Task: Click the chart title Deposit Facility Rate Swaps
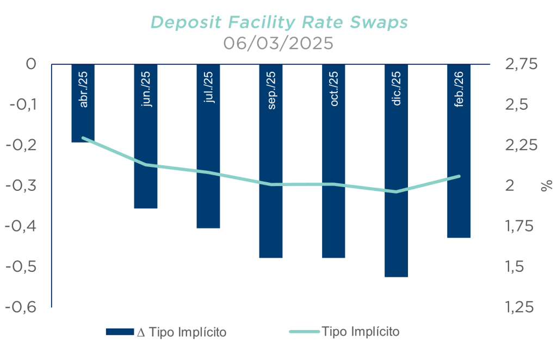click(279, 22)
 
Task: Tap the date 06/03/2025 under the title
click(278, 44)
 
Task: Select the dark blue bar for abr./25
click(83, 103)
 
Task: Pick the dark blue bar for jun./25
click(146, 136)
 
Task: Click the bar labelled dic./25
click(396, 170)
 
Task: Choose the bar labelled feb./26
click(459, 151)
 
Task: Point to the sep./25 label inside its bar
click(271, 90)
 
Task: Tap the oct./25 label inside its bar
click(334, 89)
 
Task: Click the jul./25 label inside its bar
click(209, 87)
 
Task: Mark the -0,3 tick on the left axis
click(21, 185)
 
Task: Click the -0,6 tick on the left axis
click(21, 307)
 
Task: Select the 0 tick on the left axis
click(31, 64)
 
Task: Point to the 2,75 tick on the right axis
click(521, 64)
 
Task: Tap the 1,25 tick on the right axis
click(519, 307)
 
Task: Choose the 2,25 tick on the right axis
click(521, 145)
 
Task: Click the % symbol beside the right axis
click(547, 185)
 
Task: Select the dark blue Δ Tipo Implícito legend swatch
click(120, 332)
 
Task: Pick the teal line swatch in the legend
click(305, 332)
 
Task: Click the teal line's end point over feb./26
click(459, 176)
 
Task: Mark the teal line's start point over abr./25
click(83, 138)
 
